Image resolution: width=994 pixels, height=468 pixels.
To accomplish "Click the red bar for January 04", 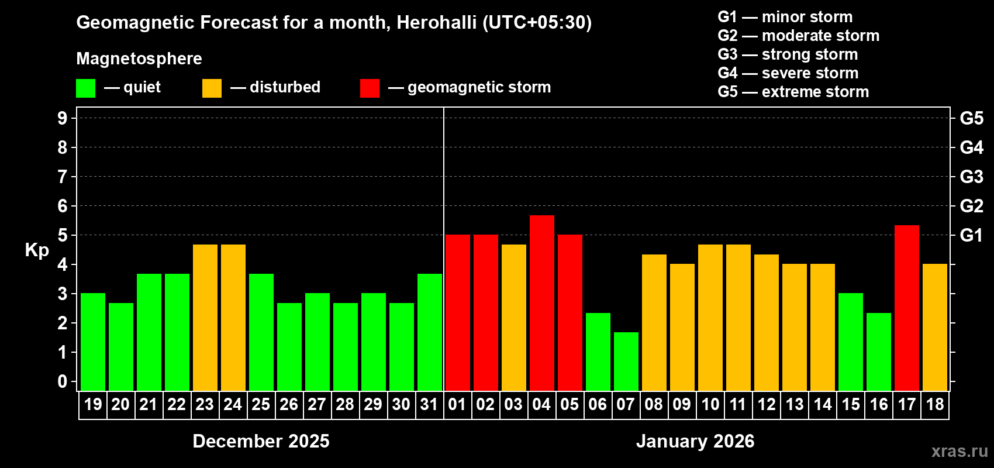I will coord(541,303).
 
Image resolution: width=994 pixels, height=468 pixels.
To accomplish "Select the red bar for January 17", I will coord(906,308).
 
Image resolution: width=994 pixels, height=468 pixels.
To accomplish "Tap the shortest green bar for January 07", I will coord(626,362).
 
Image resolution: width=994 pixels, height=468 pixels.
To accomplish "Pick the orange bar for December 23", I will coord(205,318).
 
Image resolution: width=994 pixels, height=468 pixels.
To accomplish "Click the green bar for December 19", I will coord(92,342).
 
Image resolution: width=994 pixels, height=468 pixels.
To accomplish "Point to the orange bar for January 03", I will coord(513,318).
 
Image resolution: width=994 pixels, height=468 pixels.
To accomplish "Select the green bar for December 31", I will coord(429,332).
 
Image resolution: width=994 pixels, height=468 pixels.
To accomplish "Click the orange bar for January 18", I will coord(934,327).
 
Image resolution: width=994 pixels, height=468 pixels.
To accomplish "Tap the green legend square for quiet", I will coord(85,88).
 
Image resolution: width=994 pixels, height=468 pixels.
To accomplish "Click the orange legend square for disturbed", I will coord(212,88).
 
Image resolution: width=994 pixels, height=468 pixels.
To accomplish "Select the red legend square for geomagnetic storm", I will coord(370,88).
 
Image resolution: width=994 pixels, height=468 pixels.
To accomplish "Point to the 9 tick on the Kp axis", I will coord(63,118).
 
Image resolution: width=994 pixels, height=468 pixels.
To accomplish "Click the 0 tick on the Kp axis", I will coord(63,381).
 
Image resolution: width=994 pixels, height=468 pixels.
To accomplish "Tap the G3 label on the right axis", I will coord(971,177).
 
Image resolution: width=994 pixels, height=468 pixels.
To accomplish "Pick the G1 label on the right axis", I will coord(971,235).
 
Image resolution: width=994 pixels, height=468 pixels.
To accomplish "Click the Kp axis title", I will coord(37,250).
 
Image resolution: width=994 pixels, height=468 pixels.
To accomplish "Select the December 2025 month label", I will coord(261,441).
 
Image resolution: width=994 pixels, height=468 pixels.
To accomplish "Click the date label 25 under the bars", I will coord(261,405).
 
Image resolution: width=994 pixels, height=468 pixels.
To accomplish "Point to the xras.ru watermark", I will coord(960,451).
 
